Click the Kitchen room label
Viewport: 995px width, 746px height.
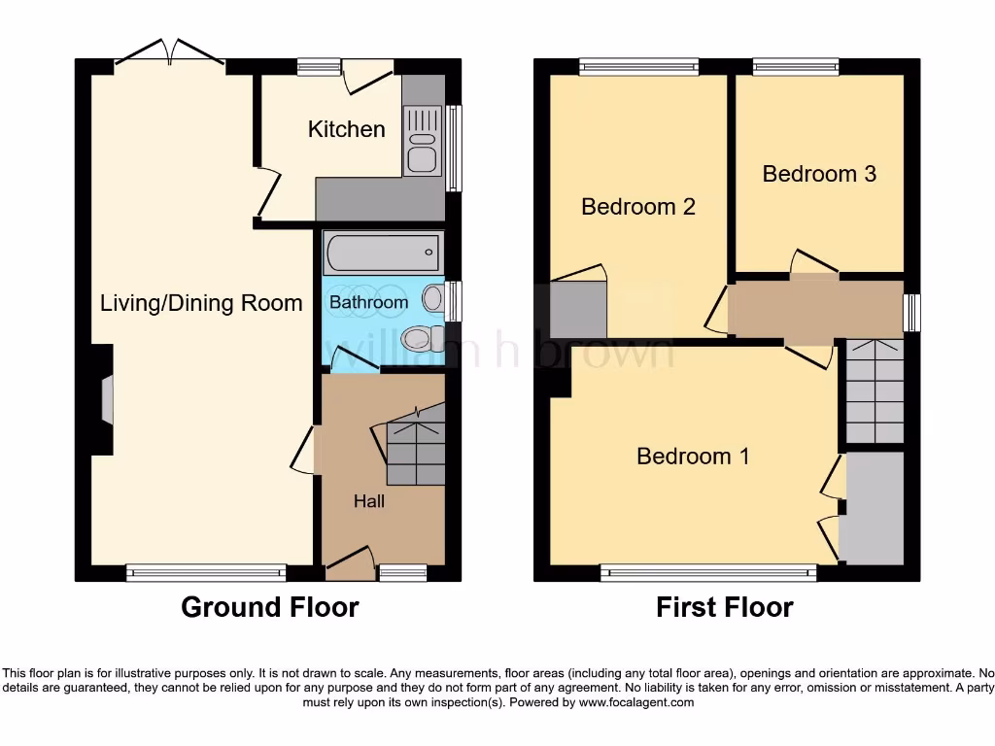pos(346,129)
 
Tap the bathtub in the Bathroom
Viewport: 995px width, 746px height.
pos(382,254)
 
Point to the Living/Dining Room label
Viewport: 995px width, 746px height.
pos(201,303)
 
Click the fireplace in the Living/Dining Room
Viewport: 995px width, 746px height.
pos(105,399)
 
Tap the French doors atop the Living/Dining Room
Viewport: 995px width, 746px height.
pos(170,53)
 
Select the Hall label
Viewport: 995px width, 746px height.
pos(368,501)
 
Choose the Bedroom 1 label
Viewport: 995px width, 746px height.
pos(693,456)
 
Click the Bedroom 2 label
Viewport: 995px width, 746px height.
pos(637,206)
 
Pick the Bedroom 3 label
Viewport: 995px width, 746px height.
pos(819,174)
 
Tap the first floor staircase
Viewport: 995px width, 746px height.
pos(875,391)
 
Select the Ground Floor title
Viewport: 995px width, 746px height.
pos(269,608)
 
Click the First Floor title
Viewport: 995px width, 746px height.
pos(724,608)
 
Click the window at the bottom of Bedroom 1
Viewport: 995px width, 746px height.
pos(708,573)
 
